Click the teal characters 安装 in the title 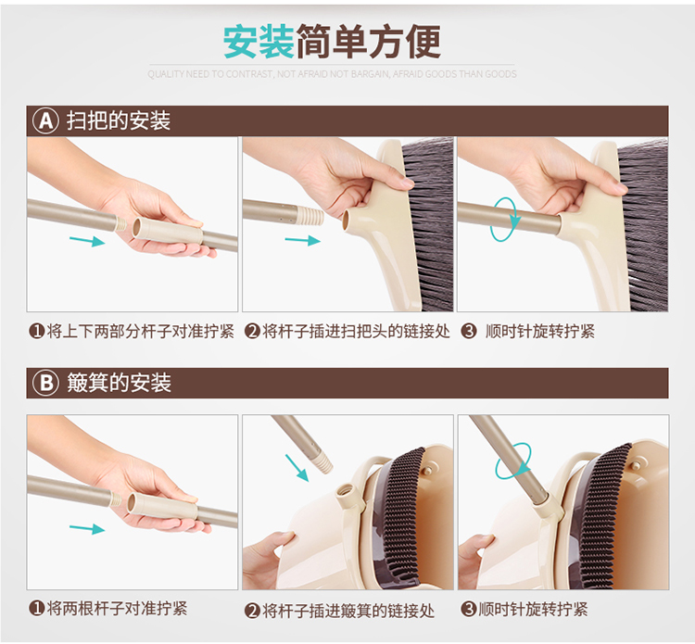click(259, 42)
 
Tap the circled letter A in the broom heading click(45, 120)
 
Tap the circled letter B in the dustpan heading click(45, 383)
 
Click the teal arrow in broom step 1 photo click(87, 241)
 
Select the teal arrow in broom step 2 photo click(303, 240)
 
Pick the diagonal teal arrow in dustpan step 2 click(297, 468)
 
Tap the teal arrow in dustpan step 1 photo click(87, 529)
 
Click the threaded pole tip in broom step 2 click(309, 215)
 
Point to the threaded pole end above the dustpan click(322, 461)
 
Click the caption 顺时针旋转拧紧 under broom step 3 click(540, 331)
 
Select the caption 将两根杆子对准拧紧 click(117, 608)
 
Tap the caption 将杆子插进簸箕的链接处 click(348, 611)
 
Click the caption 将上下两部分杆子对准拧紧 click(141, 331)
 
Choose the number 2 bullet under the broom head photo click(252, 331)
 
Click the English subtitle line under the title click(332, 74)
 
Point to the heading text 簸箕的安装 click(119, 383)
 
